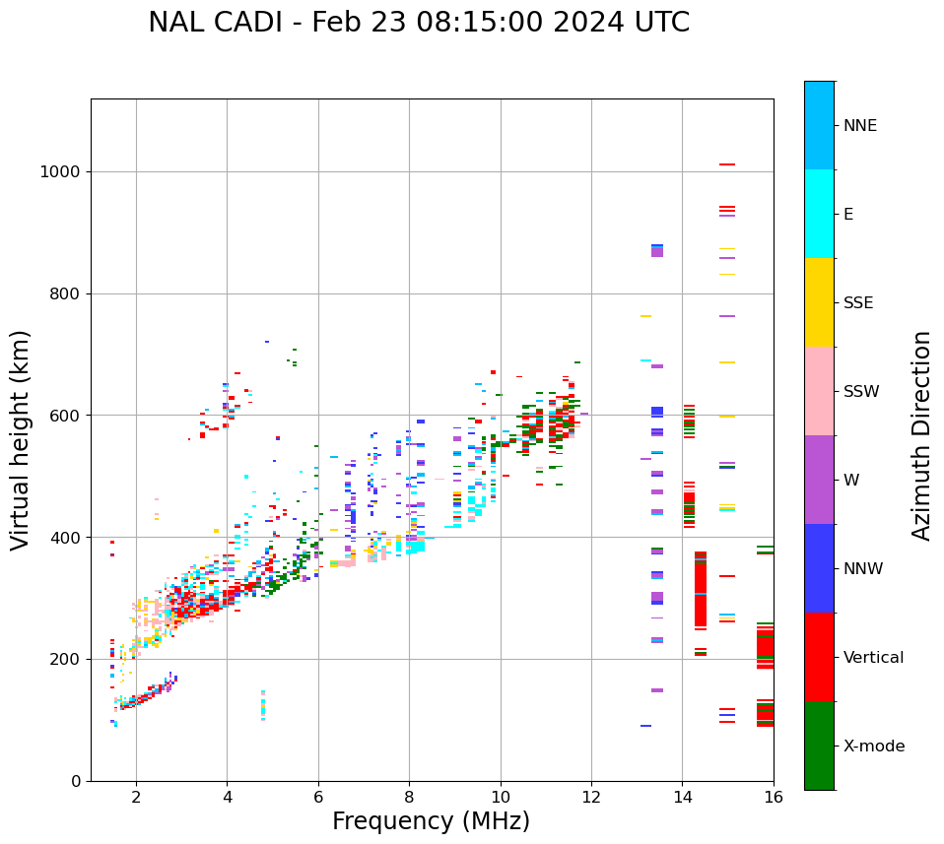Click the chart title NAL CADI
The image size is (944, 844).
[x=419, y=23]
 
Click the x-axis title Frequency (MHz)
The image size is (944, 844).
[x=431, y=821]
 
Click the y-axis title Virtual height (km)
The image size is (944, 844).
[x=21, y=440]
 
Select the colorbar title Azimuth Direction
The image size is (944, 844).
[x=921, y=435]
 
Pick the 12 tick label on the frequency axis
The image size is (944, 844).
[x=591, y=797]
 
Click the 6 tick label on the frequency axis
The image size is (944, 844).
[x=318, y=797]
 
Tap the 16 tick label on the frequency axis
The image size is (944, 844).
[x=774, y=797]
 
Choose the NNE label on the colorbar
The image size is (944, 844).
[x=860, y=126]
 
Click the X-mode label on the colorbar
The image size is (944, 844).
[x=874, y=747]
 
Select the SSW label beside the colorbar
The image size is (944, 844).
[x=861, y=392]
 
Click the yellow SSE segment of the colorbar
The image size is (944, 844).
[x=819, y=302]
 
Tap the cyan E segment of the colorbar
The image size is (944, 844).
[x=819, y=214]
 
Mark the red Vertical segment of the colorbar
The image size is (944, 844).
[x=819, y=657]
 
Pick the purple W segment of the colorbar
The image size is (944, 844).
[x=819, y=480]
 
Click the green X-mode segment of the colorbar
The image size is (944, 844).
[x=819, y=746]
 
